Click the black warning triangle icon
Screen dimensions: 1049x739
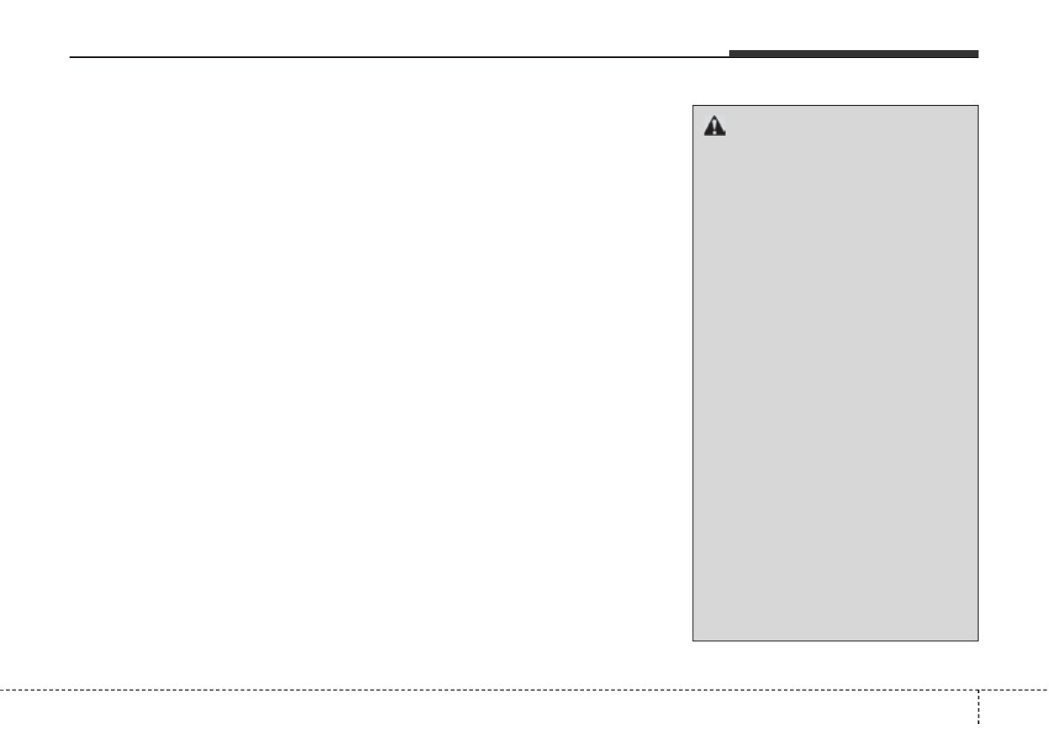714,127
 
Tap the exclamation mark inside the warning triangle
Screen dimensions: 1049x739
714,129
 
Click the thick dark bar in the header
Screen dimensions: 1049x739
853,55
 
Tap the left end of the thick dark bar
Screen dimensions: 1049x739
730,55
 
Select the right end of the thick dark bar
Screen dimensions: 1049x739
978,55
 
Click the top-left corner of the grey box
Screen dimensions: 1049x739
693,107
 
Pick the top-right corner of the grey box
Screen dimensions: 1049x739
979,107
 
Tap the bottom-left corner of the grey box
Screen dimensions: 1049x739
693,639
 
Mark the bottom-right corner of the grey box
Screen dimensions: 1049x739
979,639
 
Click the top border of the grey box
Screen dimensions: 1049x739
836,107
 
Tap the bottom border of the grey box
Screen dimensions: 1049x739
836,639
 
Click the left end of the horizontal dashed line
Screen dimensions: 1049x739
2,689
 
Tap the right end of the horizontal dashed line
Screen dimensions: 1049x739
1047,689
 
